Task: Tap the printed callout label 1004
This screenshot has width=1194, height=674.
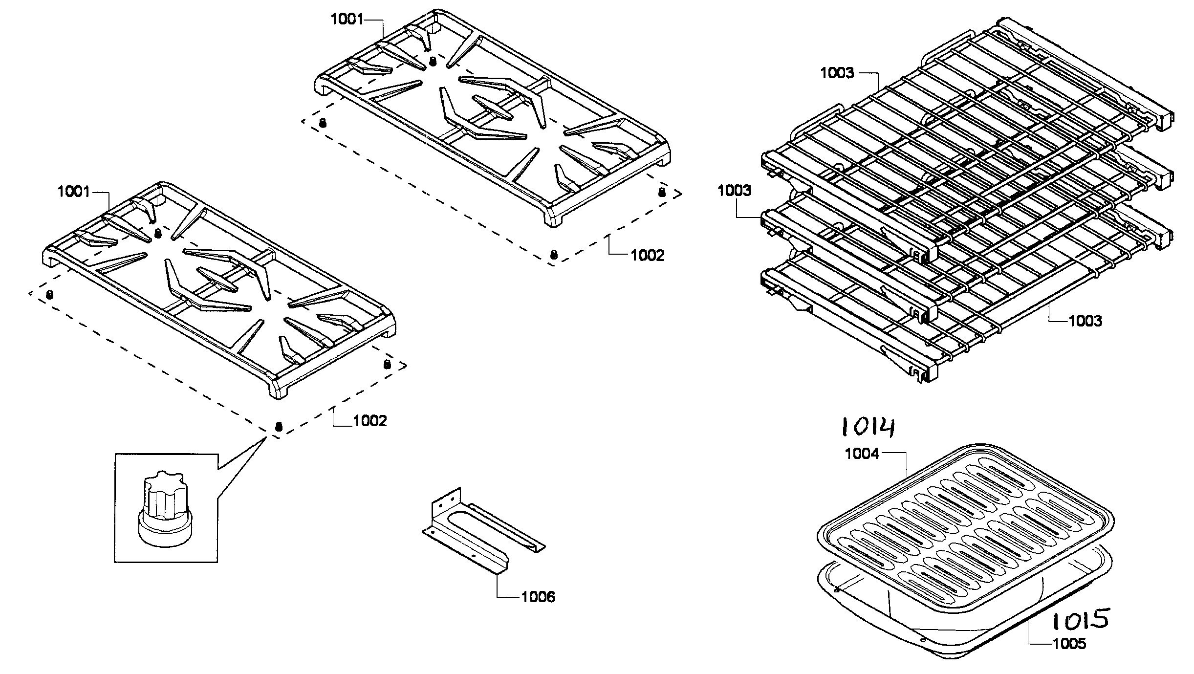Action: click(x=862, y=454)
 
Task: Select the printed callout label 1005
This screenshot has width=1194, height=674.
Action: click(x=1069, y=644)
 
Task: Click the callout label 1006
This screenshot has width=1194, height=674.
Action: click(x=538, y=597)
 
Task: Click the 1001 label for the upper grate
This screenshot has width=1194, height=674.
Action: click(x=347, y=20)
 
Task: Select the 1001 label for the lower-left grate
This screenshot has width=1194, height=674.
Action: click(x=74, y=192)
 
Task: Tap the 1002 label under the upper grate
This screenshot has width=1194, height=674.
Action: click(x=647, y=255)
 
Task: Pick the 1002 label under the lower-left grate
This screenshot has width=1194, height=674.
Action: click(x=370, y=421)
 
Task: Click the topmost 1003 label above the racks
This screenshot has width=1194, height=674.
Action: click(x=837, y=73)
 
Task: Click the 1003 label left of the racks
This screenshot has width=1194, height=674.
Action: click(x=734, y=191)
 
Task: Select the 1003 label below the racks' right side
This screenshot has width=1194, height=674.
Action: click(x=1085, y=321)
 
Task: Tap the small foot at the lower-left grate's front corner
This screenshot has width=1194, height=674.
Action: click(x=279, y=426)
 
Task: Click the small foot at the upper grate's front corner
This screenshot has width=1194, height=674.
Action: click(x=554, y=255)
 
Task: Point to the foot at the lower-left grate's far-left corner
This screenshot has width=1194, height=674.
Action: click(x=49, y=294)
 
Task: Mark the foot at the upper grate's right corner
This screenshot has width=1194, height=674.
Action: click(x=662, y=192)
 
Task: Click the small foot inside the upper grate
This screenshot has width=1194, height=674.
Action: click(x=433, y=61)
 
